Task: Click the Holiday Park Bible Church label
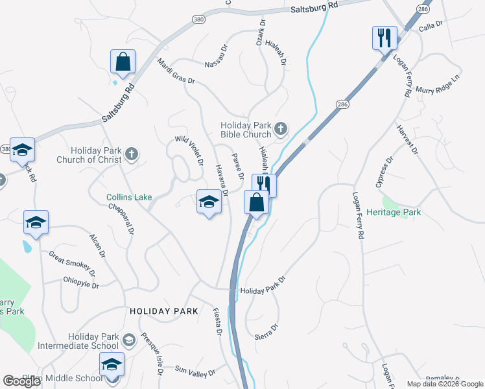coord(245,130)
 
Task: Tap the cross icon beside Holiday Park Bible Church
coord(281,129)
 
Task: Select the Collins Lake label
coord(129,198)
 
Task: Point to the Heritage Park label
coord(393,212)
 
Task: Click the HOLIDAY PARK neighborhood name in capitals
coord(163,311)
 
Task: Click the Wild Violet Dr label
coord(190,150)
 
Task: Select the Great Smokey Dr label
coord(72,263)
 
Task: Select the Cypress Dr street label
coord(384,171)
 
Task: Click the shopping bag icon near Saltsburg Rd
coord(123,62)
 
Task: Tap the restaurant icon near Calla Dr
coord(384,38)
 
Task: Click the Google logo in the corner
coord(22,381)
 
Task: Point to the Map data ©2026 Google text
coord(444,384)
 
